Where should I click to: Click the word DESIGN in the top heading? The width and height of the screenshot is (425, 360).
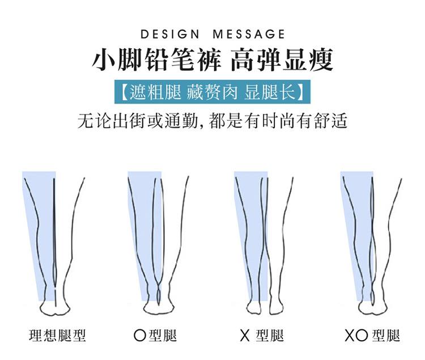click(x=168, y=35)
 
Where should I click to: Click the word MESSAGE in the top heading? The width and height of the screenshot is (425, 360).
click(x=248, y=35)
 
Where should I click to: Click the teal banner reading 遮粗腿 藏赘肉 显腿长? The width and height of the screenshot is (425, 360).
click(x=212, y=92)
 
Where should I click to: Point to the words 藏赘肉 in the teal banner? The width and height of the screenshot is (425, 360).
click(x=211, y=92)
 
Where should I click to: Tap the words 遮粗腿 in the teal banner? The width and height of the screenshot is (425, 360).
click(x=151, y=92)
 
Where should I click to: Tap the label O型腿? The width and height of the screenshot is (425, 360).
click(x=155, y=335)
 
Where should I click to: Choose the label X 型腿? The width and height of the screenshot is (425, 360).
click(x=261, y=335)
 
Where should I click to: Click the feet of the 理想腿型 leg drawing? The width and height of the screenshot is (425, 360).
click(x=56, y=308)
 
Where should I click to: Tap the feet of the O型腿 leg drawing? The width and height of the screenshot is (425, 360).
click(x=160, y=308)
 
